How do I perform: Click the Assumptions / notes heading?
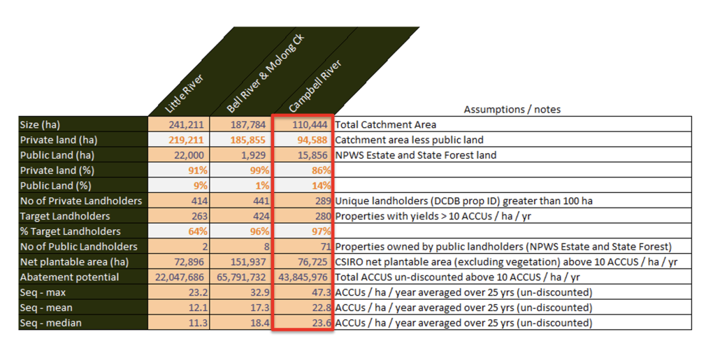coord(512,109)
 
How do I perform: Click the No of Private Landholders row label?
coord(81,201)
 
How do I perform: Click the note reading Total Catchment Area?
coord(386,124)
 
